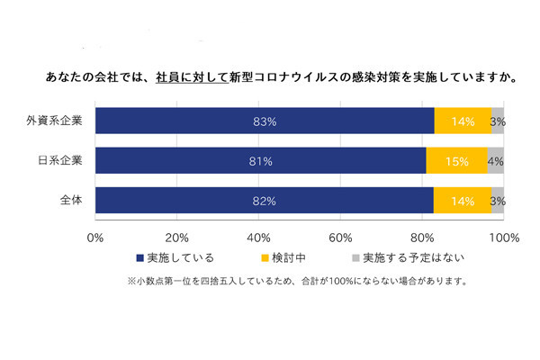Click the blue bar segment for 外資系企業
click(264, 121)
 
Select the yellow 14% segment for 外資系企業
click(463, 121)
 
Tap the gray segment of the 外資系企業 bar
click(498, 121)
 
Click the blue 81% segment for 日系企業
click(261, 160)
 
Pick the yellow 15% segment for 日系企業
click(456, 160)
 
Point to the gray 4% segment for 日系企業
click(495, 160)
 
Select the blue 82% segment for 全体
click(263, 201)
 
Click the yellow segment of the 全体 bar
click(462, 201)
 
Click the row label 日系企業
click(62, 160)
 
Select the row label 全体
click(71, 201)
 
